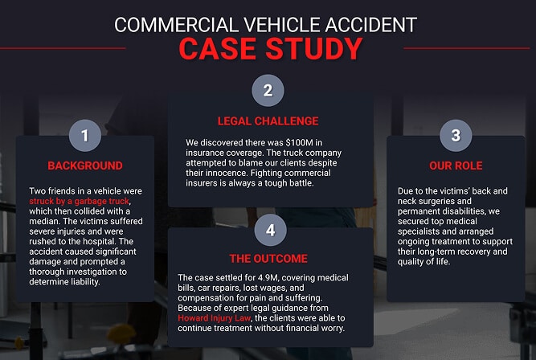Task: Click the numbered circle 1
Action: (84, 135)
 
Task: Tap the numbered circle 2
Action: (268, 90)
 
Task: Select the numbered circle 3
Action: (456, 135)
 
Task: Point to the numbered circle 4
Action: (270, 230)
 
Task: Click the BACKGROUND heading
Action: (84, 166)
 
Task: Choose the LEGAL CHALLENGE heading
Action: (268, 121)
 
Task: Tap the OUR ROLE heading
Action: (456, 166)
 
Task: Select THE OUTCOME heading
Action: (270, 259)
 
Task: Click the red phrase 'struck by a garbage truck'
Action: (80, 201)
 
